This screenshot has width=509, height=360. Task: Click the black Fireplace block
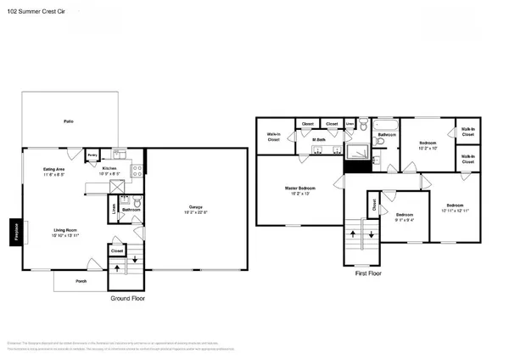click(14, 232)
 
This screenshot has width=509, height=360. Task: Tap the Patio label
click(68, 122)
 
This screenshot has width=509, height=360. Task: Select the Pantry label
click(91, 155)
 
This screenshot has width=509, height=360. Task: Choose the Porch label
click(81, 281)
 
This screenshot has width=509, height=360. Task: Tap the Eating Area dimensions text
click(55, 174)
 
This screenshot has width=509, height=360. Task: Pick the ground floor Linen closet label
click(114, 206)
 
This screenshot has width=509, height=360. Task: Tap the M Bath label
click(320, 140)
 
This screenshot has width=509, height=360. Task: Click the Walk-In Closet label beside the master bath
click(274, 138)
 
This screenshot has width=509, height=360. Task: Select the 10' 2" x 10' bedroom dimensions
click(428, 147)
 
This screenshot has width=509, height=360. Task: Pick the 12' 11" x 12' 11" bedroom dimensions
click(454, 211)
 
